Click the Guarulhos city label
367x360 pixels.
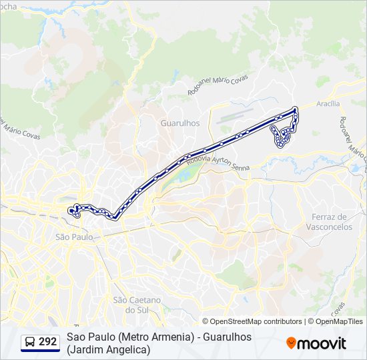pyautogui.click(x=180, y=123)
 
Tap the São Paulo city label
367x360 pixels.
pyautogui.click(x=73, y=237)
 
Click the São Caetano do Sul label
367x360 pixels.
pyautogui.click(x=138, y=305)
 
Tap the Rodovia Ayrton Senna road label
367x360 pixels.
pyautogui.click(x=218, y=163)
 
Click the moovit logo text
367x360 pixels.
pyautogui.click(x=322, y=343)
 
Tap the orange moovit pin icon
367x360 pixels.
pyautogui.click(x=292, y=343)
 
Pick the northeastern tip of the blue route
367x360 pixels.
pyautogui.click(x=294, y=108)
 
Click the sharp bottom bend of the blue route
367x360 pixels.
pyautogui.click(x=115, y=217)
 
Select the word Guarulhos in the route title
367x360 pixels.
pyautogui.click(x=228, y=337)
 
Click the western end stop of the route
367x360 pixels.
pyautogui.click(x=70, y=211)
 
